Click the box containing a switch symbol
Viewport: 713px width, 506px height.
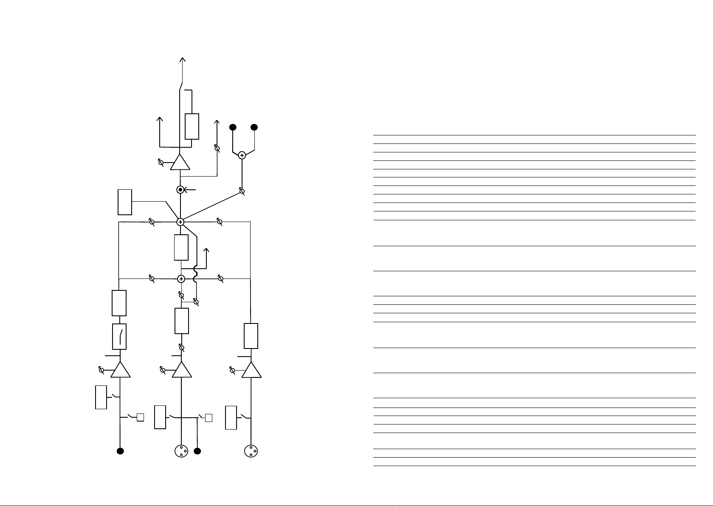click(119, 336)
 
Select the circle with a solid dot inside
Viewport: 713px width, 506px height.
click(180, 190)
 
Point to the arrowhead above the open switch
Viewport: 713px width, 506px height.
click(183, 59)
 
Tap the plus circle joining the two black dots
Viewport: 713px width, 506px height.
click(242, 155)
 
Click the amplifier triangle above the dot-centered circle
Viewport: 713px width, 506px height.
click(180, 163)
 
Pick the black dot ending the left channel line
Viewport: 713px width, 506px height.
click(120, 451)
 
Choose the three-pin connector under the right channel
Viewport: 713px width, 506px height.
click(251, 451)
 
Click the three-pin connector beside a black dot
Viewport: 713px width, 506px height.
click(181, 451)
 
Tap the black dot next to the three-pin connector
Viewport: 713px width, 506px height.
click(197, 451)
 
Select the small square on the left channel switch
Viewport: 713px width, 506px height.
click(141, 418)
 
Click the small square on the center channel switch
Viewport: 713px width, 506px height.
click(209, 418)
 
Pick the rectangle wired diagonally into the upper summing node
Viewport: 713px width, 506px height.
click(125, 202)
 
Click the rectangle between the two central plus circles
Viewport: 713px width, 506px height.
click(181, 247)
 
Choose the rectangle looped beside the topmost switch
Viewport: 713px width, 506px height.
click(192, 127)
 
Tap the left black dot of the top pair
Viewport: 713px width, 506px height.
click(233, 127)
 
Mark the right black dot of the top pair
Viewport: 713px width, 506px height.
click(254, 127)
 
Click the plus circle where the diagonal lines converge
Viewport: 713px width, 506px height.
click(180, 222)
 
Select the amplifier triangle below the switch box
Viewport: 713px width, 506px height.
click(121, 370)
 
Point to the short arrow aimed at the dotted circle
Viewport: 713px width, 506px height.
click(190, 190)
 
